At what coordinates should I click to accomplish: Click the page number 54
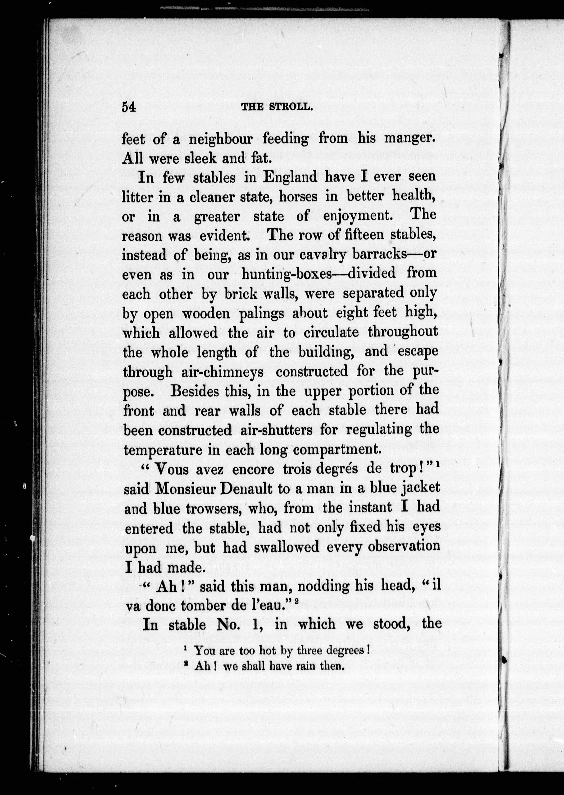click(x=128, y=107)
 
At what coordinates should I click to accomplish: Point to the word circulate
click(x=331, y=333)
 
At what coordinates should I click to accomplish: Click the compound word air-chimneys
click(x=222, y=372)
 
